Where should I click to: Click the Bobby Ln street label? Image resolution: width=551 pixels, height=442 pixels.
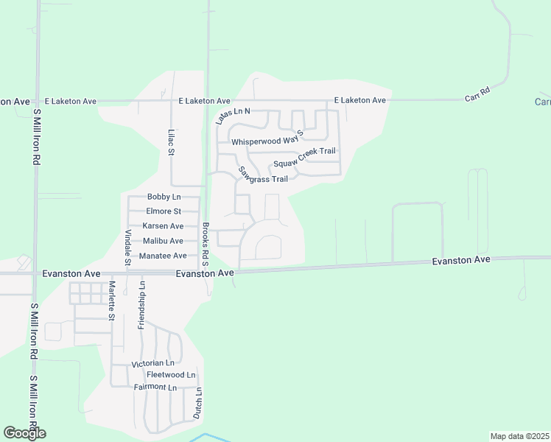tap(164, 197)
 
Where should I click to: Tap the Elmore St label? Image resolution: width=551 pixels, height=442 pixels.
tap(164, 211)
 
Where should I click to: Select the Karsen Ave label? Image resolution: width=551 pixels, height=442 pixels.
tap(164, 226)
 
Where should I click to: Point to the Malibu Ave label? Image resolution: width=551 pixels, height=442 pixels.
tap(164, 241)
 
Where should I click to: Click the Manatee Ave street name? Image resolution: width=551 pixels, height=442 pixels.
tap(164, 256)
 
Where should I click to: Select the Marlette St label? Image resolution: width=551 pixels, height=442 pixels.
tap(112, 301)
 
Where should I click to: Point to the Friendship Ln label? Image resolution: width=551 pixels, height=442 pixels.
tap(141, 305)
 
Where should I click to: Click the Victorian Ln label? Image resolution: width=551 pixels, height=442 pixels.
tap(152, 364)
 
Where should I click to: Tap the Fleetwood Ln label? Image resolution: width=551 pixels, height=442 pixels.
tap(170, 375)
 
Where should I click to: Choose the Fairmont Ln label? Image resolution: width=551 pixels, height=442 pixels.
tap(155, 387)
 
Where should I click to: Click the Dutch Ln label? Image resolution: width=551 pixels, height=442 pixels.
tap(197, 403)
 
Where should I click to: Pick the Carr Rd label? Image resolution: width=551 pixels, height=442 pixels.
tap(477, 95)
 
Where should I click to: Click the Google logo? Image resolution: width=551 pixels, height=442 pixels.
tap(24, 433)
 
